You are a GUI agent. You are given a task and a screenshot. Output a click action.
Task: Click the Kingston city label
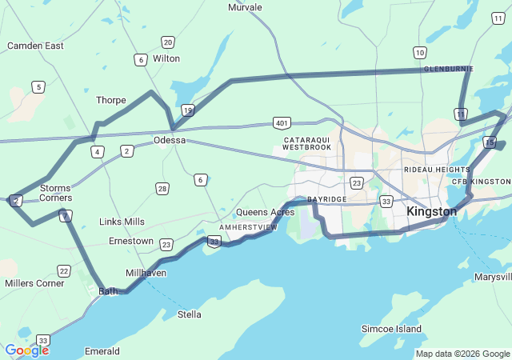431,212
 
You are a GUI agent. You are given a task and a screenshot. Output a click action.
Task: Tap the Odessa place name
170,140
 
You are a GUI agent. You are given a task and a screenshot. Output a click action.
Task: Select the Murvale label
245,7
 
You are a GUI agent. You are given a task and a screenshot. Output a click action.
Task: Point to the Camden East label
35,46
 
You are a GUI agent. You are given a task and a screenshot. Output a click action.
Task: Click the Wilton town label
166,58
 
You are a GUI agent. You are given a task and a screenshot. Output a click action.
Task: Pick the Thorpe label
111,100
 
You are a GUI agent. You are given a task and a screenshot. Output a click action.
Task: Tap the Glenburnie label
448,69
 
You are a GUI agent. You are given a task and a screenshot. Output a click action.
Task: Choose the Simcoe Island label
391,330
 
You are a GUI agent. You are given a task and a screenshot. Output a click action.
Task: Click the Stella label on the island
189,314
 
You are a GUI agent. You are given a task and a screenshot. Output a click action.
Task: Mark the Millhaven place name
146,273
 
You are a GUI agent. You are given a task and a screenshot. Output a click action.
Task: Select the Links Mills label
122,221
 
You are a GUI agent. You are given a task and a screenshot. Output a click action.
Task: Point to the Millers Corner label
34,283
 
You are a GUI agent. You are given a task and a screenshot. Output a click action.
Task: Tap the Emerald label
102,351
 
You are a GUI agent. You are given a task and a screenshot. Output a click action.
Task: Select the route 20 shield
167,42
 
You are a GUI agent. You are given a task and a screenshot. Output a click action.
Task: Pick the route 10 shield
419,53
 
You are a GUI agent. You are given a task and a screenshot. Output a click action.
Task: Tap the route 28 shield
162,189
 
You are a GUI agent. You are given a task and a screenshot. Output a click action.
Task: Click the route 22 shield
64,271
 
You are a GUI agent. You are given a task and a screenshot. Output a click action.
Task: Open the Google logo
26,350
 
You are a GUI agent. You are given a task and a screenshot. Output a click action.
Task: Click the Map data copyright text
462,354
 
